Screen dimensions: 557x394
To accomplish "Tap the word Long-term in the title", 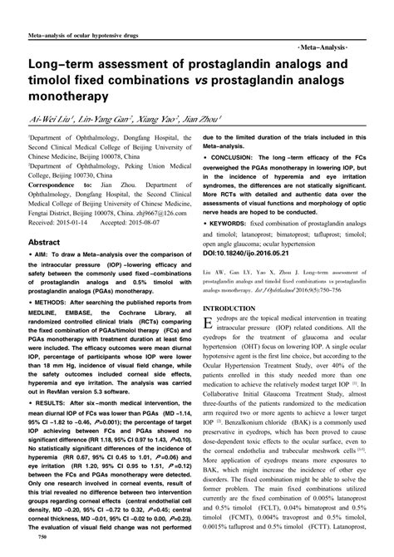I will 63,66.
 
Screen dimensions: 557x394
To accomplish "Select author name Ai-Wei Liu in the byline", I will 52,120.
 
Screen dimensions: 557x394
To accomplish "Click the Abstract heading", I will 49,242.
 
